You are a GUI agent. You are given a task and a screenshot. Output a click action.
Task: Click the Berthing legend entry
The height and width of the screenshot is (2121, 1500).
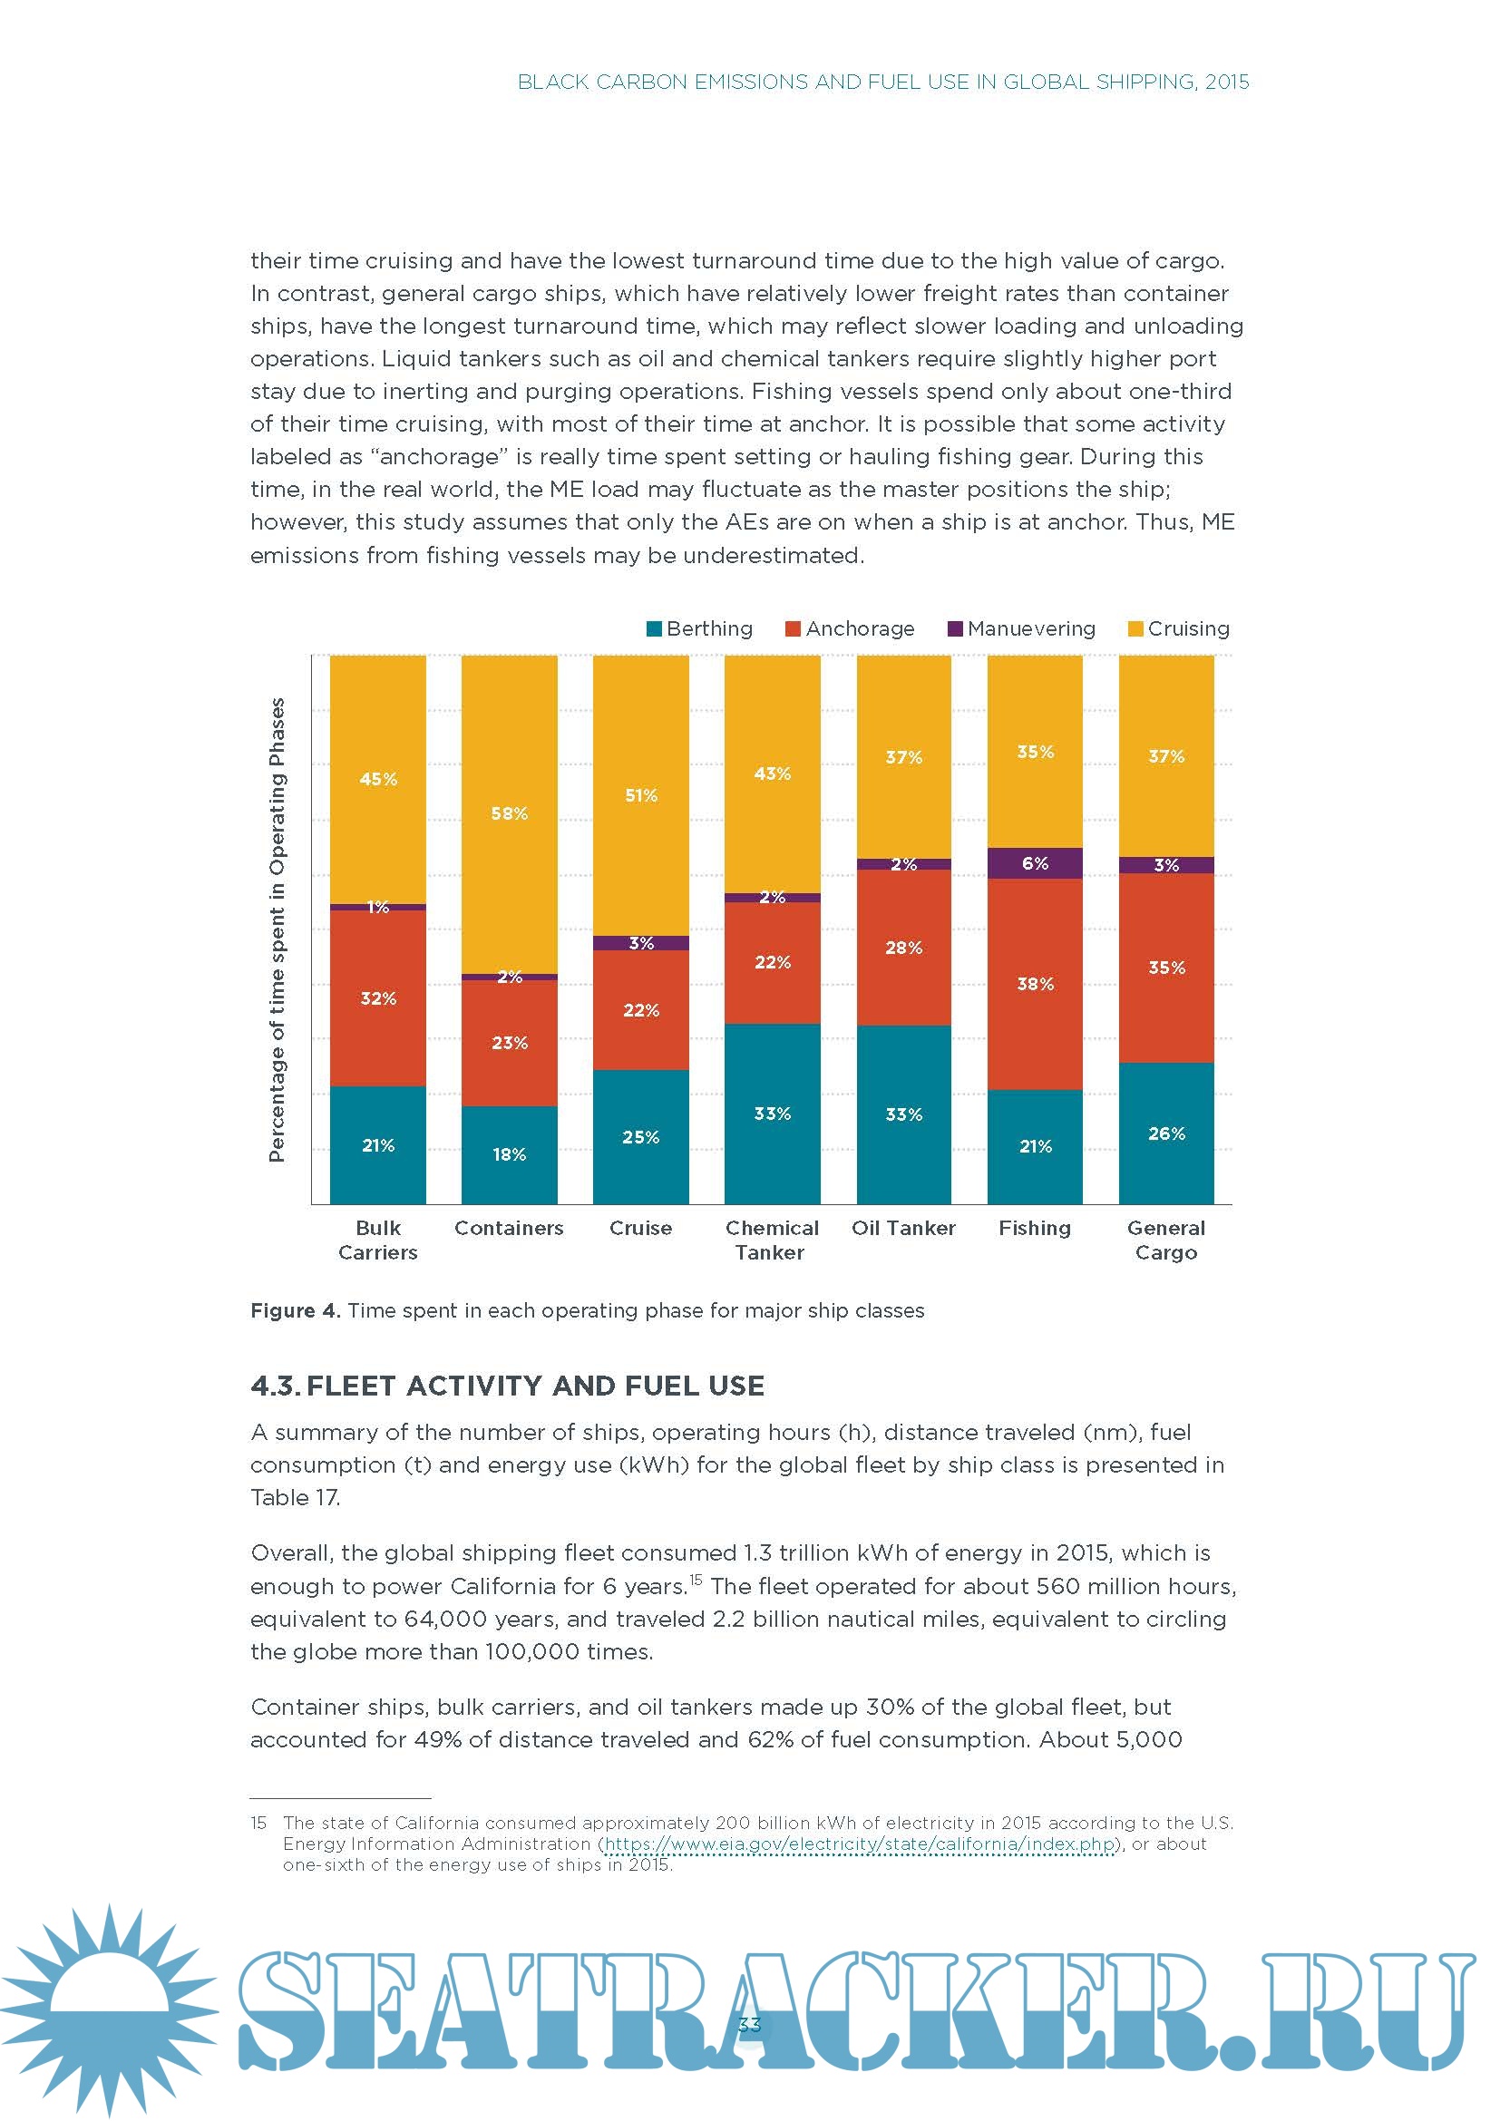699,628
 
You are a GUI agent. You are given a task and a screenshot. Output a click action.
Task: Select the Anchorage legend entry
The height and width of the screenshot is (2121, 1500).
850,628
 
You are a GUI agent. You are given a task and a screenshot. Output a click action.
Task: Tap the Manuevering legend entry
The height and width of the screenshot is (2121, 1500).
1021,628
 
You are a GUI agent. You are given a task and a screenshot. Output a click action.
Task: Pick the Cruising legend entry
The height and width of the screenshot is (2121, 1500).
1179,628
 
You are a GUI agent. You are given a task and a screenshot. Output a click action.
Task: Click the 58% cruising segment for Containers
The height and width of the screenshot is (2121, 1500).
509,812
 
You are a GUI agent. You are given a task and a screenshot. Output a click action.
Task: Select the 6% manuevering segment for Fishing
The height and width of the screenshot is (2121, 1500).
1035,862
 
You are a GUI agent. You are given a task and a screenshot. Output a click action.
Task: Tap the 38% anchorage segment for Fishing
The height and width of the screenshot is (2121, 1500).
1035,984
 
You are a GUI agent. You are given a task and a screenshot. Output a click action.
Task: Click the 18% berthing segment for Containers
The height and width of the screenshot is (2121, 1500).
509,1153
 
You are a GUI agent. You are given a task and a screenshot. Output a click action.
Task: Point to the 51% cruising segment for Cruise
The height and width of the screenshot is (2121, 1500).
640,795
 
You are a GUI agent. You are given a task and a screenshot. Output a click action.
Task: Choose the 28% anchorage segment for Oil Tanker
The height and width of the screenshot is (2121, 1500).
903,947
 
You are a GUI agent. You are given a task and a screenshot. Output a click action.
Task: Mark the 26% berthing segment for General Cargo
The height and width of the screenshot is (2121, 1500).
1165,1133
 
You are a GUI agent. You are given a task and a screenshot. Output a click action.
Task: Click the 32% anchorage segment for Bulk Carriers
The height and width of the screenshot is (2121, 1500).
378,997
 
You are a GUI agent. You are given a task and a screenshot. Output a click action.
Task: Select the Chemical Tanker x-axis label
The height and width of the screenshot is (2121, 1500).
771,1240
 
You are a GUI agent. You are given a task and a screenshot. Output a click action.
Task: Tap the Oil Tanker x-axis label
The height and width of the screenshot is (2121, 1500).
903,1228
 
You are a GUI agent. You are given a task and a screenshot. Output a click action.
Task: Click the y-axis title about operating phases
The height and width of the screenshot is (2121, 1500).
277,929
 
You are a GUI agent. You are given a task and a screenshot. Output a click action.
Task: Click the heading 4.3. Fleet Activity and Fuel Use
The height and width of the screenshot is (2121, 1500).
507,1386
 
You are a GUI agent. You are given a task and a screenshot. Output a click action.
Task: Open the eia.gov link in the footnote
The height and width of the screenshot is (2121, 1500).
859,1843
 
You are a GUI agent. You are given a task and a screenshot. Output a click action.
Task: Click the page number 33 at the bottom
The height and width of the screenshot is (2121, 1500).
749,2025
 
